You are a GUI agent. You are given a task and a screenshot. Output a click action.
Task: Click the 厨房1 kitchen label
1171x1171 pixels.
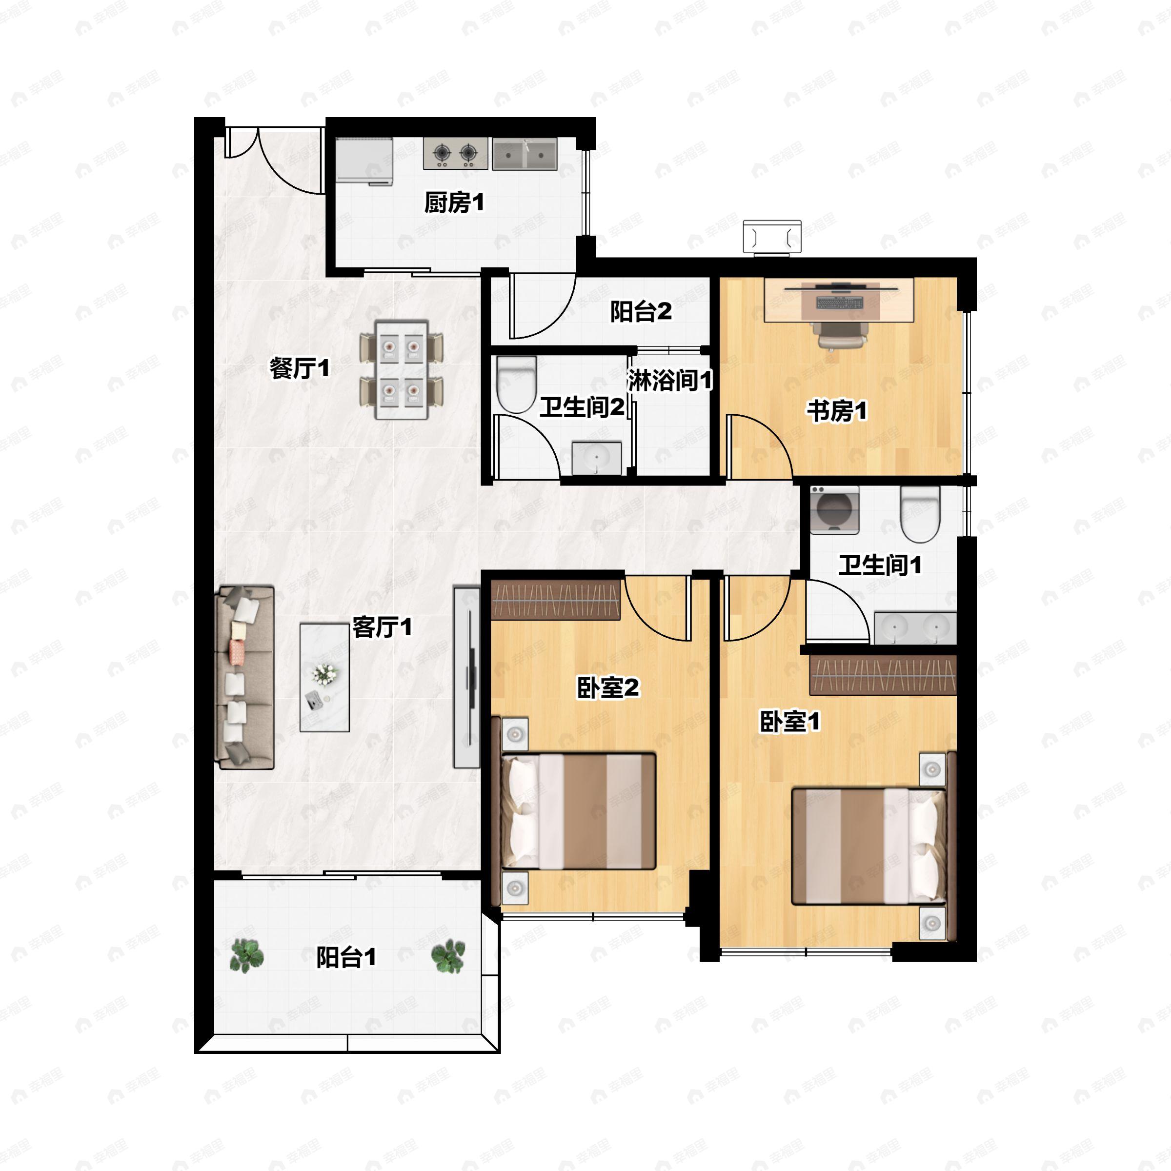(454, 202)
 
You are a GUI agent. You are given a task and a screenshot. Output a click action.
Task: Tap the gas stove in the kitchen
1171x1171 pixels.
(455, 153)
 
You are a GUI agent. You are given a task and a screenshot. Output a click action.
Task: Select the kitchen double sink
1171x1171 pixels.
(525, 153)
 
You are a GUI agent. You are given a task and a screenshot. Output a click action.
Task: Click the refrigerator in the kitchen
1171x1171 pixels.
(364, 161)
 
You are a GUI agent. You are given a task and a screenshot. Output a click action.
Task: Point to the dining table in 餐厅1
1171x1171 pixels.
(401, 370)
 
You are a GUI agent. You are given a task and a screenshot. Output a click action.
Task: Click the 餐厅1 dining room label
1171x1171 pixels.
(300, 368)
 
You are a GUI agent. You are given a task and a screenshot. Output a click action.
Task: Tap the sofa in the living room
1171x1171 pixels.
(245, 677)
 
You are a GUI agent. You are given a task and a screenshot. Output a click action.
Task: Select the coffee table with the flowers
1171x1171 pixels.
(324, 677)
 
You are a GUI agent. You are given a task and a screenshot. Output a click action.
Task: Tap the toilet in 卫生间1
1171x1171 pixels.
(920, 514)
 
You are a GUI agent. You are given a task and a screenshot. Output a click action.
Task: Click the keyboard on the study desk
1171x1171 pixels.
(839, 302)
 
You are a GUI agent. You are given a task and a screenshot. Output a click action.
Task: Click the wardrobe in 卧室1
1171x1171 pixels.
(883, 675)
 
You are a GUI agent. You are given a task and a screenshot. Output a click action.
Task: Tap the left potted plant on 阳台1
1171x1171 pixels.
(247, 955)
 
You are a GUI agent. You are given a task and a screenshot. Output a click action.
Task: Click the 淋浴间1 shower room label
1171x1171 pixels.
(670, 380)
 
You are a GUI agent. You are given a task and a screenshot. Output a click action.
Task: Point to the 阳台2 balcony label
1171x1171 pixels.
(641, 312)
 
